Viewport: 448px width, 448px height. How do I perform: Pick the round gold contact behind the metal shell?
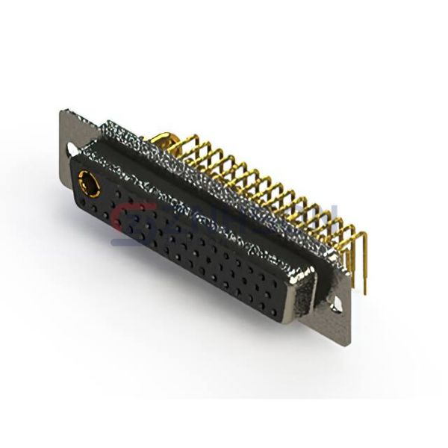(x=166, y=140)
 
